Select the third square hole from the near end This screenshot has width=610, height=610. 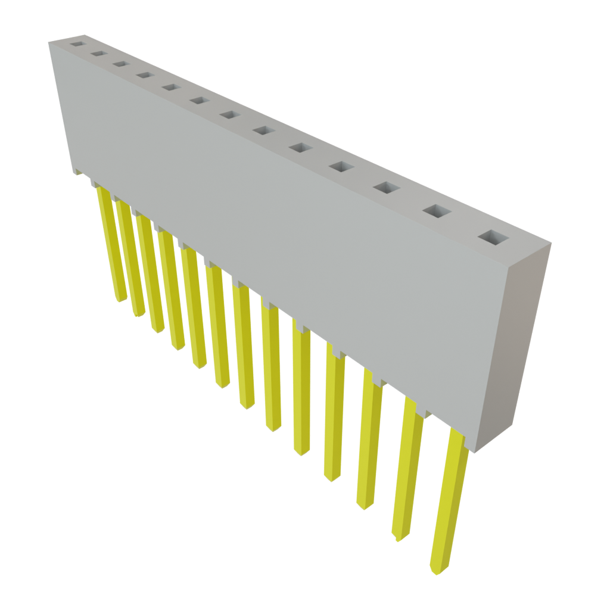click(387, 188)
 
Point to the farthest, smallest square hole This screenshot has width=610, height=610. click(77, 43)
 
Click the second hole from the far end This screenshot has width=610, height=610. click(98, 54)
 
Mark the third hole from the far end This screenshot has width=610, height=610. click(120, 64)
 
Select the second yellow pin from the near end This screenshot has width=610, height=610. click(408, 471)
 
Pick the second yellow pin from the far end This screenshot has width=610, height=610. click(130, 256)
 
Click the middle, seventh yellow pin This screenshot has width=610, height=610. click(244, 346)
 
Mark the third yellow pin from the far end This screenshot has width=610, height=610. click(150, 271)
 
